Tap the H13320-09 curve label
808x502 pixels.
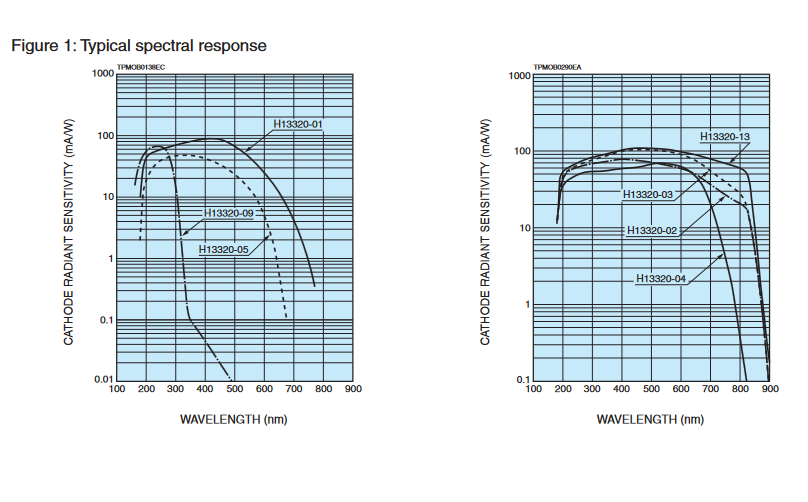(229, 213)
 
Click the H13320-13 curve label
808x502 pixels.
(725, 136)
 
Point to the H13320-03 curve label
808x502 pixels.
(648, 194)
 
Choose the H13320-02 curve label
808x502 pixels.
(652, 231)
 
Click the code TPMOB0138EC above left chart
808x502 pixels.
(141, 67)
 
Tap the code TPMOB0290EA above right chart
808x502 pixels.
(557, 67)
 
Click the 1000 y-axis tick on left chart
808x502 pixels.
(100, 74)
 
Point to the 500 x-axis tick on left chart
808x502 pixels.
(235, 391)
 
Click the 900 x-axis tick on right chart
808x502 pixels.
(770, 391)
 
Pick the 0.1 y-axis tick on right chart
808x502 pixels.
(520, 380)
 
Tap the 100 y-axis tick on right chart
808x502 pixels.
(518, 151)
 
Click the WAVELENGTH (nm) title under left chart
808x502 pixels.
(234, 419)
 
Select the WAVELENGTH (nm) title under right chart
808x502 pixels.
(651, 419)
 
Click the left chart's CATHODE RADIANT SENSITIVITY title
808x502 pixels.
(70, 228)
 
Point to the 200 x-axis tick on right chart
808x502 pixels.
(563, 391)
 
